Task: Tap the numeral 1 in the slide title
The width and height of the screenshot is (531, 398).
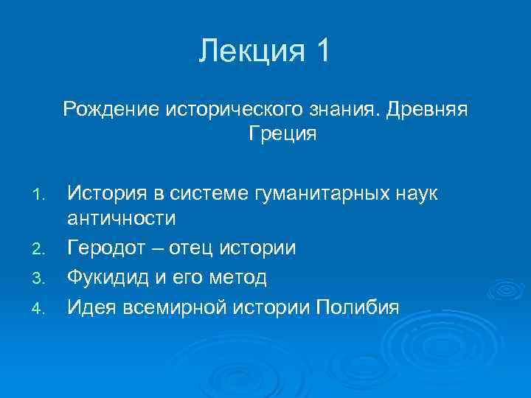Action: pos(322,52)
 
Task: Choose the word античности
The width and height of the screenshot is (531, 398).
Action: pos(122,219)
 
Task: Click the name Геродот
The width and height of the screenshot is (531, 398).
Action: pos(108,248)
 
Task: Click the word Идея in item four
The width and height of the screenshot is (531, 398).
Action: pos(89,306)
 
